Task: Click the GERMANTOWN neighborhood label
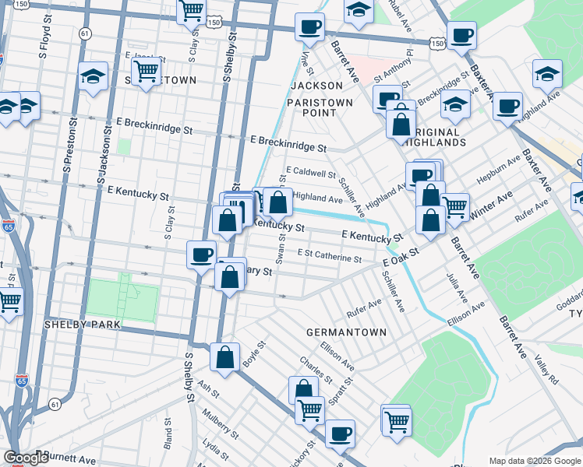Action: [x=346, y=332]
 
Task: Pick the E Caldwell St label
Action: [x=311, y=172]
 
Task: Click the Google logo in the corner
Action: [x=25, y=458]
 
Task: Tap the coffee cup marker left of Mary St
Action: [x=202, y=255]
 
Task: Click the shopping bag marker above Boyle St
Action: [x=224, y=358]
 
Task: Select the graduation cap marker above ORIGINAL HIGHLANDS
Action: [x=455, y=105]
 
